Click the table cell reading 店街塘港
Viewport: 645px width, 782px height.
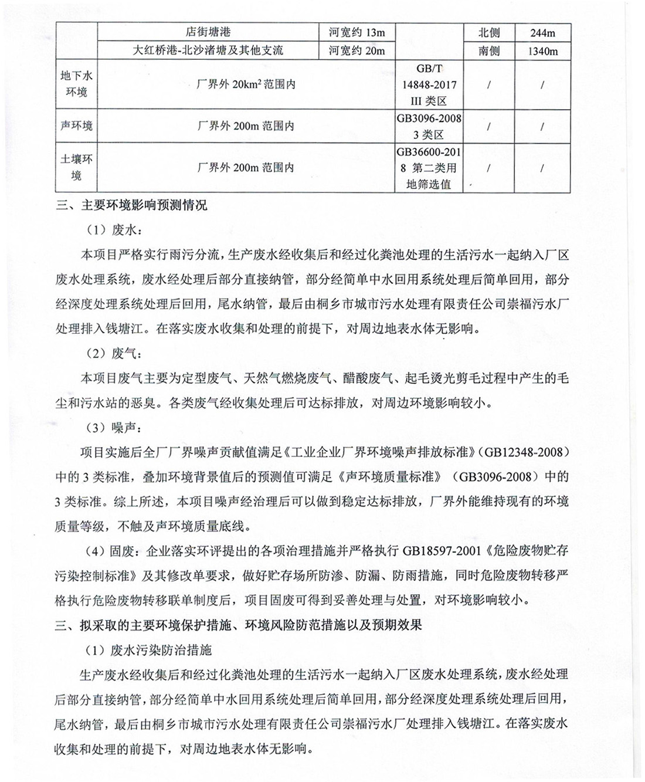208,32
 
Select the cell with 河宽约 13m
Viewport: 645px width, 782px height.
357,32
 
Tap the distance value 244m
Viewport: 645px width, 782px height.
542,33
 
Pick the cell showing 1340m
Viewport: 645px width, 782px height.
542,51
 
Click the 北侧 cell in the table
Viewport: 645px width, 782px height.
489,33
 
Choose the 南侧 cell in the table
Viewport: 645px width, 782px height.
489,51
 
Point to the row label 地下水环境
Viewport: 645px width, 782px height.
76,84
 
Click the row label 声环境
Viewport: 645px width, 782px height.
76,126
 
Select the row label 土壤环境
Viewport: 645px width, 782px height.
76,167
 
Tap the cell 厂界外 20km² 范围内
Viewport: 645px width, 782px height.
246,84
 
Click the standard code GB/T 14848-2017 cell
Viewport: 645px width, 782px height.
429,84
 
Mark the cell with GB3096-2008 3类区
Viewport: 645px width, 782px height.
429,126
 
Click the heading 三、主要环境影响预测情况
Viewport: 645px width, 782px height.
131,205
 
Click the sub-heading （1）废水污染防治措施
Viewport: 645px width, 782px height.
149,650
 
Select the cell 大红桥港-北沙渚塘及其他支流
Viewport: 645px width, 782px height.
208,50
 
